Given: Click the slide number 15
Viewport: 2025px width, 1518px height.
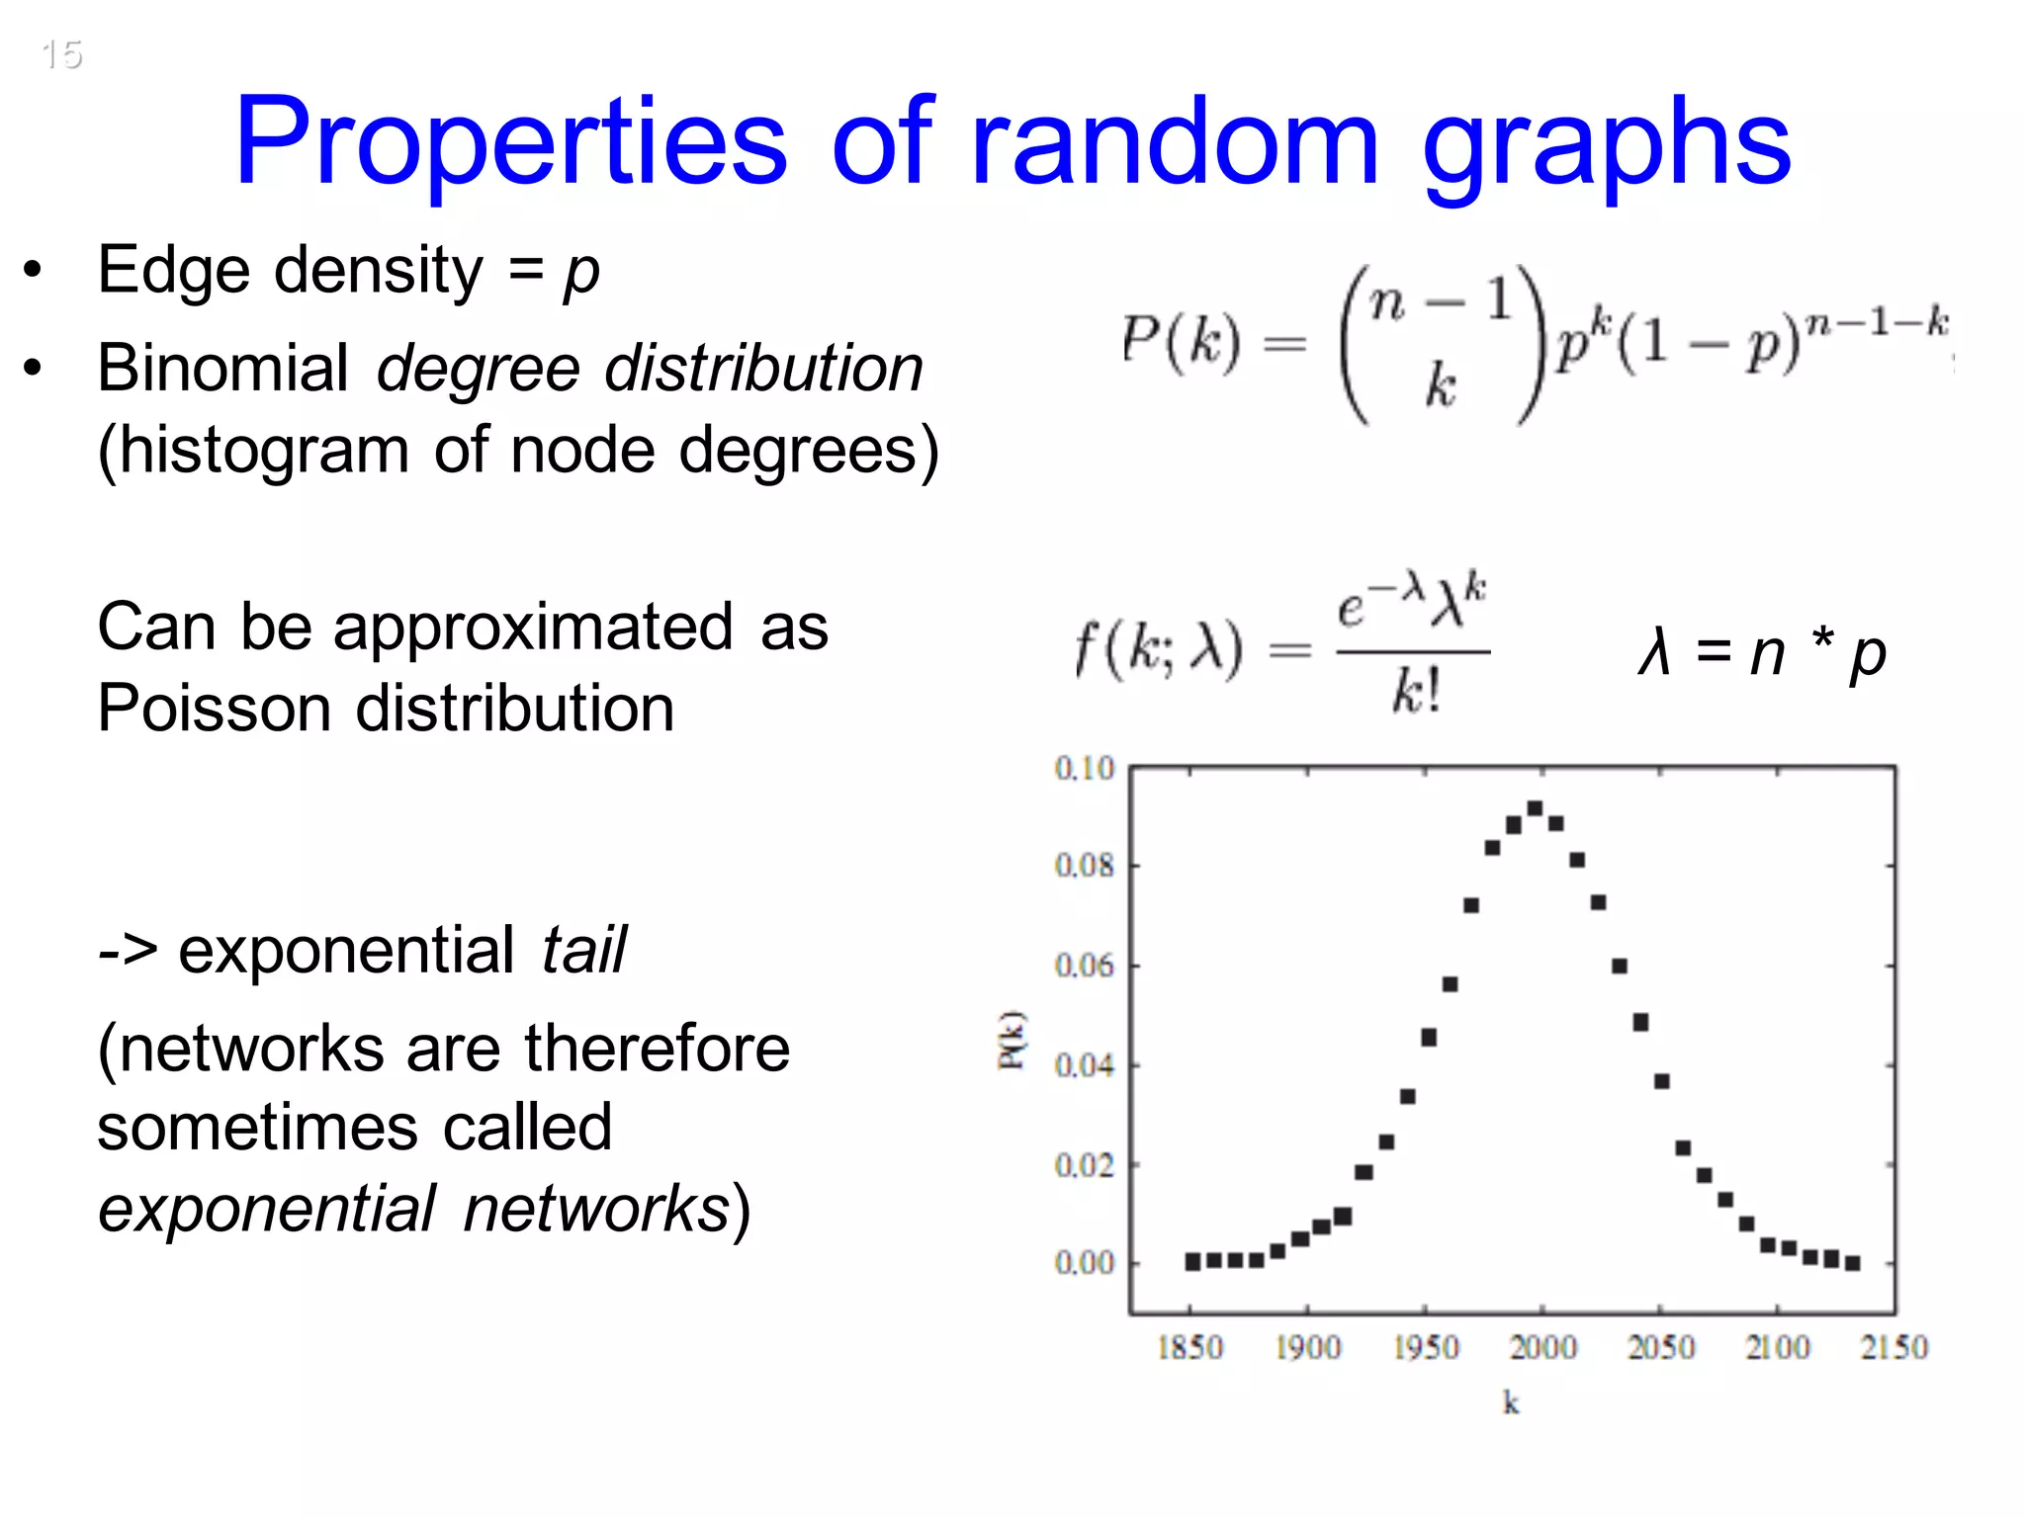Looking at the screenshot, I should [61, 54].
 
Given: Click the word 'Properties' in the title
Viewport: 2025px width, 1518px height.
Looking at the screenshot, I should [511, 141].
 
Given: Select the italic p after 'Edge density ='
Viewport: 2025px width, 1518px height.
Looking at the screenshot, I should [581, 273].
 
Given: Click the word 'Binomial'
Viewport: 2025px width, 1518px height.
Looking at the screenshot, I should [223, 368].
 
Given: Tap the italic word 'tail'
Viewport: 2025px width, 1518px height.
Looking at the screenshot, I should [583, 950].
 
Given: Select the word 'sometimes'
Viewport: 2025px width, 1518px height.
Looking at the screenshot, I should [257, 1128].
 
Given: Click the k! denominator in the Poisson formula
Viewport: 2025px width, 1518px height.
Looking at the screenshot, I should [1416, 690].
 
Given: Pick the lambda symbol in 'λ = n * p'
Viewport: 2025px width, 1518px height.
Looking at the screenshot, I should [1653, 653].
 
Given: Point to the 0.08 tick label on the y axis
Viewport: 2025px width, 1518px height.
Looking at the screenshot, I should [1084, 866].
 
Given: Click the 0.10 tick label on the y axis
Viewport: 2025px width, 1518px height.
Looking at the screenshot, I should [1084, 768].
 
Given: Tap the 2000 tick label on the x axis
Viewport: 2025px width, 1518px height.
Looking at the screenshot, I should [1542, 1347].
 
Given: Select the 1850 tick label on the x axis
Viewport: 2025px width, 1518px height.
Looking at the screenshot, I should [1189, 1347].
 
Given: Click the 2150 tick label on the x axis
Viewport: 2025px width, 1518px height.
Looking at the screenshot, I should [1893, 1347].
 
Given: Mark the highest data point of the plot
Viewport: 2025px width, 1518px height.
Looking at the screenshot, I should [1535, 808].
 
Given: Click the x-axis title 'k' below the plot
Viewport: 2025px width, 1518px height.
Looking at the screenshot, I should [1511, 1402].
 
